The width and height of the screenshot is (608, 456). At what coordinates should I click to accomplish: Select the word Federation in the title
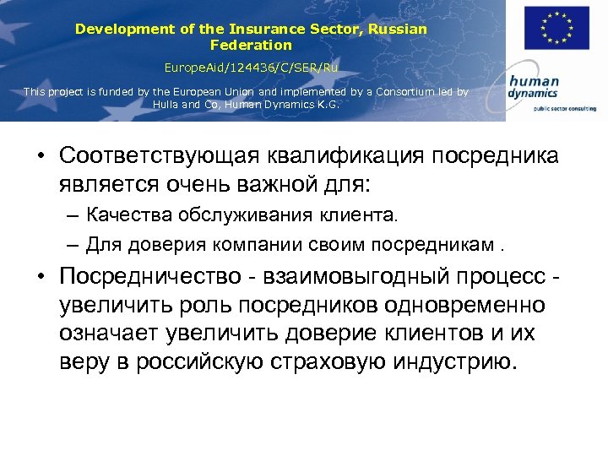(251, 45)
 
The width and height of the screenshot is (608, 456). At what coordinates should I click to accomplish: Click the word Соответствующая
(157, 157)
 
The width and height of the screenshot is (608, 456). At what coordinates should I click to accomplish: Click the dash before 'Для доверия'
(73, 245)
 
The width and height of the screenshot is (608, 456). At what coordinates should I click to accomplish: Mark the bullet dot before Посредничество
(41, 280)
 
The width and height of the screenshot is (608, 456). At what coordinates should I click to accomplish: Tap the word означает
(110, 334)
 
